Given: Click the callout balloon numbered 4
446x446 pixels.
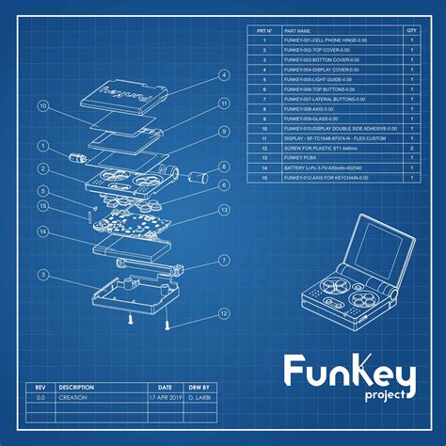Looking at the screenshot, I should click(x=224, y=74).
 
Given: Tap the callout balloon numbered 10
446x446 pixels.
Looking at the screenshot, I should click(x=42, y=107).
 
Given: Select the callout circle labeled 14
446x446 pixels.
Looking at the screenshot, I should click(x=42, y=231).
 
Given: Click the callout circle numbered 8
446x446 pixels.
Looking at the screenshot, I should click(x=224, y=167).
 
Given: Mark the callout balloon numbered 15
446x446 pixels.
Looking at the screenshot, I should click(x=42, y=205).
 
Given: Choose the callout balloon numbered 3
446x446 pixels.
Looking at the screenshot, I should click(x=42, y=275).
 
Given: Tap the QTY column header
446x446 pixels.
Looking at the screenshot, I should click(x=411, y=31).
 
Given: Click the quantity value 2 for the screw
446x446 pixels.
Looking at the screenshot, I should click(x=411, y=149).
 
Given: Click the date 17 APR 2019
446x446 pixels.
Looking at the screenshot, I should click(x=165, y=398).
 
